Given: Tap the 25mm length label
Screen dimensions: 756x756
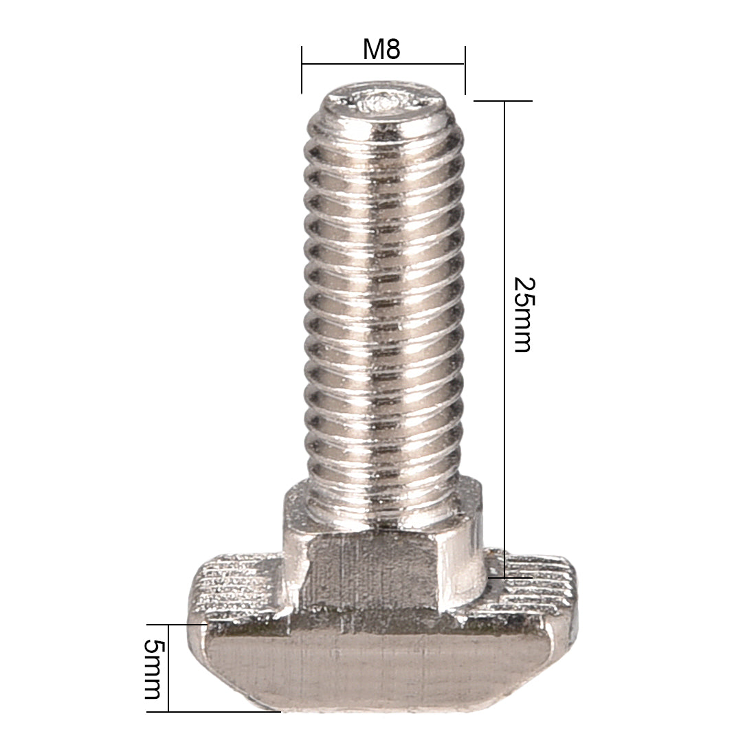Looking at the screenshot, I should [x=522, y=314].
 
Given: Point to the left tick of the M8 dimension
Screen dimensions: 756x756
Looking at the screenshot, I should [x=302, y=69].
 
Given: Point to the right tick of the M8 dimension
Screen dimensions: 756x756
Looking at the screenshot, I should [x=465, y=69].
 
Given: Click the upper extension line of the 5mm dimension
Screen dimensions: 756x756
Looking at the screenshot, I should [x=187, y=625].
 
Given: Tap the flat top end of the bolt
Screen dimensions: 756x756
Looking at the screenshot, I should [x=382, y=103].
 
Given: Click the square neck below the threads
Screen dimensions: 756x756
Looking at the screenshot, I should [x=382, y=557].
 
